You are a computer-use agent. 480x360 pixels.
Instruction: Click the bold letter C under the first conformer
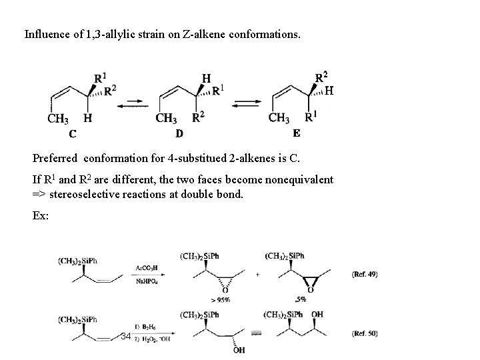(x=72, y=133)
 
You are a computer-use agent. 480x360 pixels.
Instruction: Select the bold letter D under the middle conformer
(x=179, y=133)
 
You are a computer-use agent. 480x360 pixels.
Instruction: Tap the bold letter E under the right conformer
(x=296, y=132)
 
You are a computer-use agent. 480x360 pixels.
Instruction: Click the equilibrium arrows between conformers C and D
(x=135, y=102)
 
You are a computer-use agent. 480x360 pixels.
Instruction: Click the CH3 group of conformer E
(x=279, y=118)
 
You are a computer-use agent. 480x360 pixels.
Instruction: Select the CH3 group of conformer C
(x=58, y=119)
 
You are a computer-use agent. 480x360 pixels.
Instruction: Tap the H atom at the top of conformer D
(x=206, y=78)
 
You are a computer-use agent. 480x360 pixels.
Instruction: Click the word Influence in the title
(x=47, y=33)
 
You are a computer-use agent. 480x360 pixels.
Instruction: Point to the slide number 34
(x=126, y=336)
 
